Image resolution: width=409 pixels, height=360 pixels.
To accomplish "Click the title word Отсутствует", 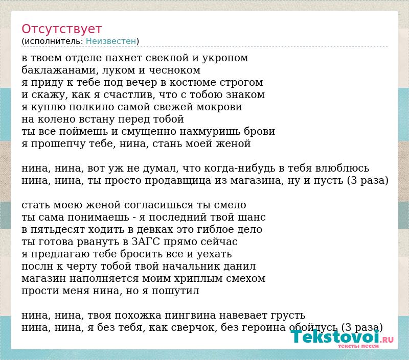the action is [61, 29].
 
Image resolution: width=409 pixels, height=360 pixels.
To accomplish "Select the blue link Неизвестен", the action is [111, 41].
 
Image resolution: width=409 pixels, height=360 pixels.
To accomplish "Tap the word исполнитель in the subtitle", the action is [54, 41].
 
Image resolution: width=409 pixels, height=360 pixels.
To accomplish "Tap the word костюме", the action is [193, 83].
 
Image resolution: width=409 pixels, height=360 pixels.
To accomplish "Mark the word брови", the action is [260, 131].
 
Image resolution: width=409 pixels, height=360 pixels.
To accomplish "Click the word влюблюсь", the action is [342, 169].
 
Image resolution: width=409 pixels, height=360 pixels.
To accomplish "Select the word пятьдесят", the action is [57, 230].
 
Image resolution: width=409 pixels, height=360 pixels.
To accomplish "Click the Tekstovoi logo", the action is [342, 337].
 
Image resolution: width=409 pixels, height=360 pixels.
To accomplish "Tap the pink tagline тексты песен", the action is [358, 346].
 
